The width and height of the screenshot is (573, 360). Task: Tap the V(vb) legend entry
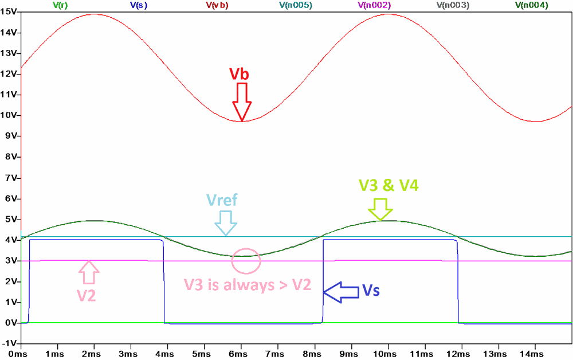(217, 5)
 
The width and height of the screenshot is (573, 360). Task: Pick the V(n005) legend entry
(296, 5)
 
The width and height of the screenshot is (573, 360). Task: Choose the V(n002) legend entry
(374, 5)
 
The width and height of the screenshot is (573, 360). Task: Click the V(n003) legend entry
(453, 5)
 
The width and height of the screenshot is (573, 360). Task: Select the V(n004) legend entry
(531, 5)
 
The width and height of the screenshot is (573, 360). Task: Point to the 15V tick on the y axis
(9, 12)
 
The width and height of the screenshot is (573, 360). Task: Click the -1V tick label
(9, 343)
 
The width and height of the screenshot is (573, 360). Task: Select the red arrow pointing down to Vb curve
(242, 102)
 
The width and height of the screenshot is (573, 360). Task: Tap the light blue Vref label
(222, 201)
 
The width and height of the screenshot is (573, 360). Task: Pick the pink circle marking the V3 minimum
(246, 261)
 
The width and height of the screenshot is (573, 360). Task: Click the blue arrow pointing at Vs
(339, 291)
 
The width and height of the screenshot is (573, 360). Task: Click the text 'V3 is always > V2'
(248, 285)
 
